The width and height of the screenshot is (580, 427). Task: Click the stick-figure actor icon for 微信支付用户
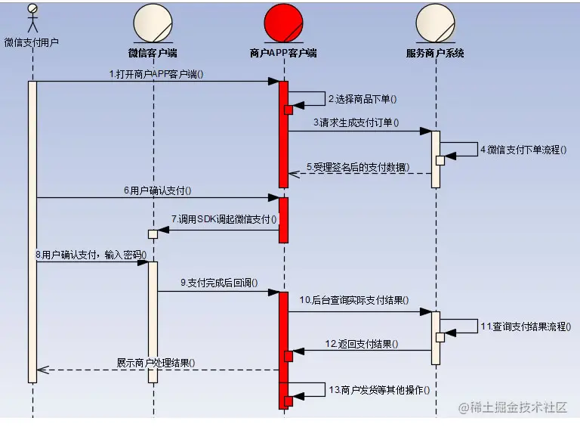32,17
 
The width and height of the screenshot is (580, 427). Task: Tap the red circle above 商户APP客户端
284,23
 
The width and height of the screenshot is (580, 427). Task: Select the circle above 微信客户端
153,23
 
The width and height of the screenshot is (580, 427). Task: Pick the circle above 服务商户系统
435,23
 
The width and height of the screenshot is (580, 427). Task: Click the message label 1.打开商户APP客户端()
156,74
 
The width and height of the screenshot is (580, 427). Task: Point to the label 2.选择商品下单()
362,99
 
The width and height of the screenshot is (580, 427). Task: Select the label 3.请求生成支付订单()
356,122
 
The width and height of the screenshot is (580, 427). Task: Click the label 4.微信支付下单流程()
523,149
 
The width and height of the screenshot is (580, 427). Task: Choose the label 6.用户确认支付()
158,191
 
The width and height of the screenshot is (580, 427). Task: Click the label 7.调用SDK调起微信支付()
224,219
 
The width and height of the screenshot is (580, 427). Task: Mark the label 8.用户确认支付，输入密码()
91,255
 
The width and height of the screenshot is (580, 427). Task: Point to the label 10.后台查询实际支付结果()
354,300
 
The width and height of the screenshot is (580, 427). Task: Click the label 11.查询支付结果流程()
526,326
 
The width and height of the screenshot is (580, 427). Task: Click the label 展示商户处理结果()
156,362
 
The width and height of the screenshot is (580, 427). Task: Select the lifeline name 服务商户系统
435,54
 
